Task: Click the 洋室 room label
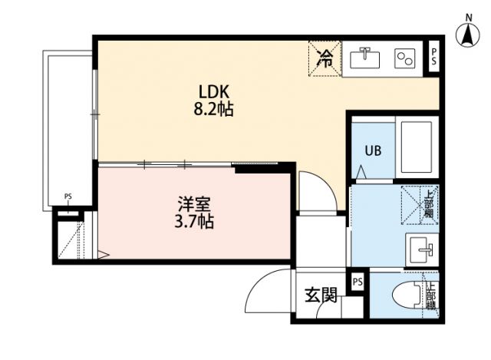194,204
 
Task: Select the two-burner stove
404,58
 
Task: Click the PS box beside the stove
433,56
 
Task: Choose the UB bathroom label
372,151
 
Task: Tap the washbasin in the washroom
420,249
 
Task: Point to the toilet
407,296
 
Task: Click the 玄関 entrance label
321,295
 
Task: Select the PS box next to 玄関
358,282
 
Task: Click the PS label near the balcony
68,197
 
